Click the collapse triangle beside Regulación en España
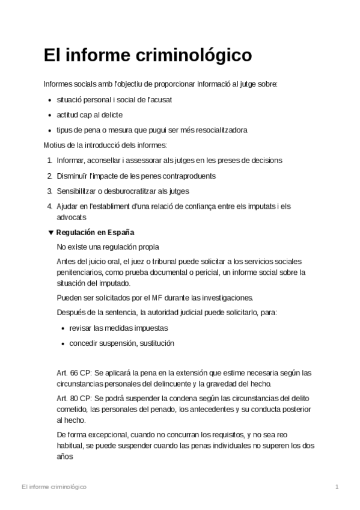50,232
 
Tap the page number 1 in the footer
337,486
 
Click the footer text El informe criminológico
53,486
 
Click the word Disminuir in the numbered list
72,176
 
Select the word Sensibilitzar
79,191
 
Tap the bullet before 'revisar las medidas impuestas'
63,328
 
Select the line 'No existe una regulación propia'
108,247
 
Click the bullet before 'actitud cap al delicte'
49,115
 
